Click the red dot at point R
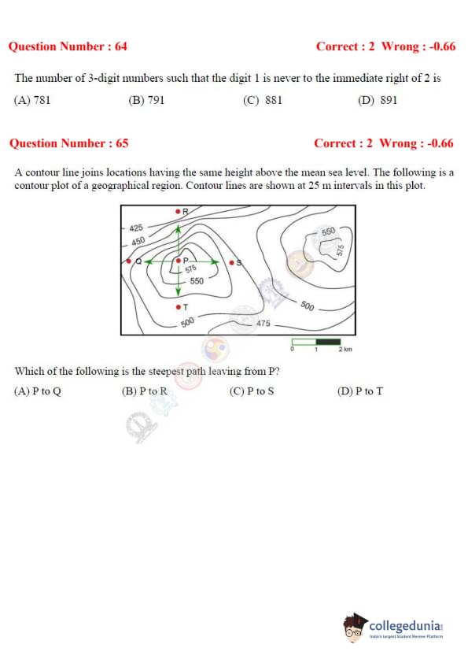[x=179, y=210]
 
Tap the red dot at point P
[x=179, y=261]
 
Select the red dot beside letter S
[x=231, y=262]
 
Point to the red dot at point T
[x=179, y=306]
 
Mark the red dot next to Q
[x=129, y=261]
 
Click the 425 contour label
[x=136, y=228]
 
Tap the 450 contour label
[x=138, y=241]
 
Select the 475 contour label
[x=263, y=323]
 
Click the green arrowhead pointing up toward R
[x=179, y=229]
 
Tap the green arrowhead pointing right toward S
[x=215, y=261]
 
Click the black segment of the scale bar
[x=328, y=342]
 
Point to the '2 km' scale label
[x=345, y=350]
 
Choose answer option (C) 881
[x=262, y=100]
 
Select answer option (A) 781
[x=32, y=100]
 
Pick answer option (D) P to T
[x=360, y=391]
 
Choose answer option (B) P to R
[x=145, y=391]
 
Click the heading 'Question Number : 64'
[x=68, y=46]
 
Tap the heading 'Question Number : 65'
[x=69, y=143]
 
